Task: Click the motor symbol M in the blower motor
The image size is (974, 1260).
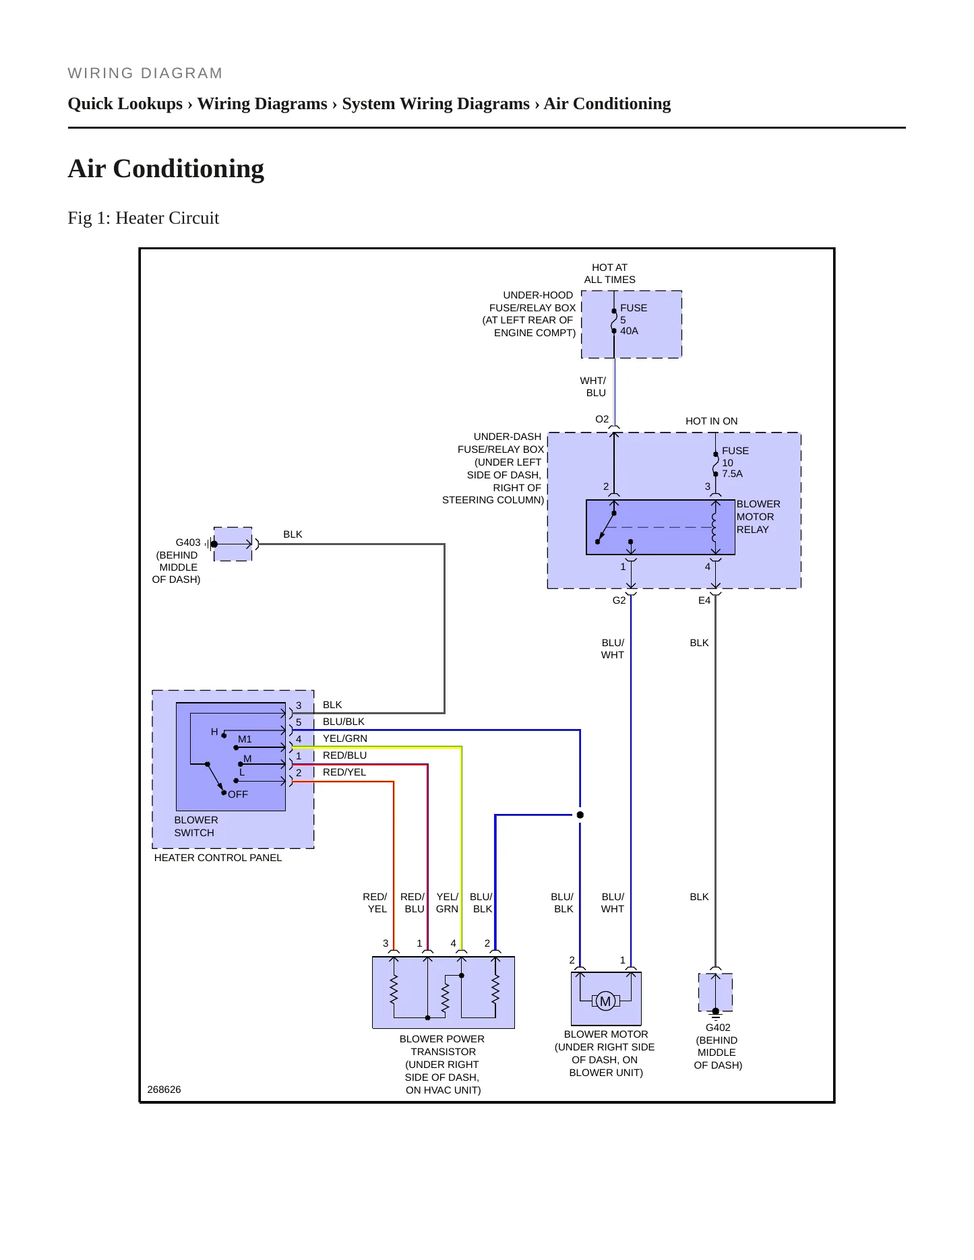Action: pos(605,1001)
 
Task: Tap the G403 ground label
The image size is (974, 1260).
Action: pos(188,542)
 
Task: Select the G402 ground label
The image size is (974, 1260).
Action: pos(718,1028)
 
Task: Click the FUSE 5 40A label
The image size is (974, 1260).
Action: pos(634,319)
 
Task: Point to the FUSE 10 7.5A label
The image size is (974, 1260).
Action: pos(735,462)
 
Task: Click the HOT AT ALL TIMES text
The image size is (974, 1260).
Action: pos(609,274)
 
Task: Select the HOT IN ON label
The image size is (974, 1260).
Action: pos(712,421)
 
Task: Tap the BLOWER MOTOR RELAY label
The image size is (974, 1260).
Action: pos(758,517)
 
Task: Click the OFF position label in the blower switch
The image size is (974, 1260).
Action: pos(238,794)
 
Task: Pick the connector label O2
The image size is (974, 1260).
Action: pos(602,419)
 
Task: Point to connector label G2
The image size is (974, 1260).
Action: pos(619,600)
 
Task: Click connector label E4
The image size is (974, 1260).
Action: pos(704,600)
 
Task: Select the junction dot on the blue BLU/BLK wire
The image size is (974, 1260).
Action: pos(580,815)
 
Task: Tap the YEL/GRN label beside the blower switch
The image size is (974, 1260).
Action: pos(345,738)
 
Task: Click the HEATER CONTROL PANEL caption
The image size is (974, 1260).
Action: pos(218,858)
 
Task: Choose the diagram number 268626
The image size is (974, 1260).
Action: pos(164,1090)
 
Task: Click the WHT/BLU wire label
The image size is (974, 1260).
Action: pos(593,387)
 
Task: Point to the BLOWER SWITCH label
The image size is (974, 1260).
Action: pos(196,826)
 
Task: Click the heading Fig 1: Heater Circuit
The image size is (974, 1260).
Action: pos(144,218)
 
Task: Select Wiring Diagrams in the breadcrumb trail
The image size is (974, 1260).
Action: pos(262,104)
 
